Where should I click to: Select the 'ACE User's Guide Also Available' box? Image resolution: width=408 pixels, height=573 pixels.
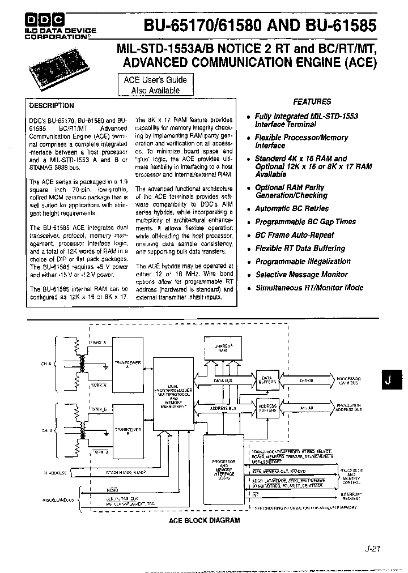point(155,85)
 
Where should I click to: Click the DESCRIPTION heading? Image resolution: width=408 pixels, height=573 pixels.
point(52,106)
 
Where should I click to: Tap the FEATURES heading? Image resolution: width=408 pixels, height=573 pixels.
point(312,102)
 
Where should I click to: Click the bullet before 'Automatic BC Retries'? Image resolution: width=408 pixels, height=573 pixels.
point(248,209)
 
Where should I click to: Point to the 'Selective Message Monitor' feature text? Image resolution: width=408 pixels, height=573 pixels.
point(301,275)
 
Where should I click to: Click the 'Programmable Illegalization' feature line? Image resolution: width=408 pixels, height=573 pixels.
point(303,262)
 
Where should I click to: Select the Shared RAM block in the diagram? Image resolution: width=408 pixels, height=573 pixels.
point(223,349)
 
